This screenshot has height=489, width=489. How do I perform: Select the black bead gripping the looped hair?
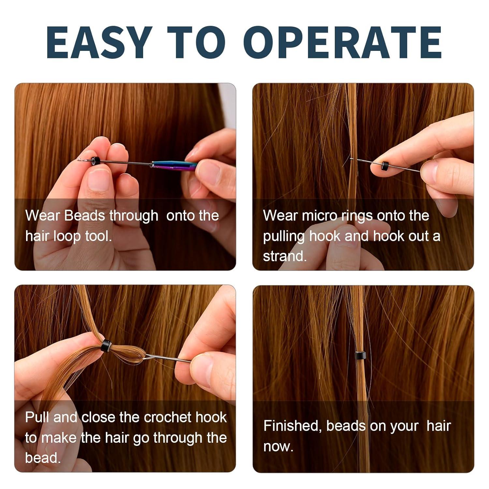(106, 345)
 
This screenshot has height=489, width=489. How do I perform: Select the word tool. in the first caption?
(98, 236)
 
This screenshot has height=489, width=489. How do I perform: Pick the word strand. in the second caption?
(285, 256)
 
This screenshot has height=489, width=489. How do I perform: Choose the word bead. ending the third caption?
(43, 458)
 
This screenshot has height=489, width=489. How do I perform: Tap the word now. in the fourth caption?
(278, 446)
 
